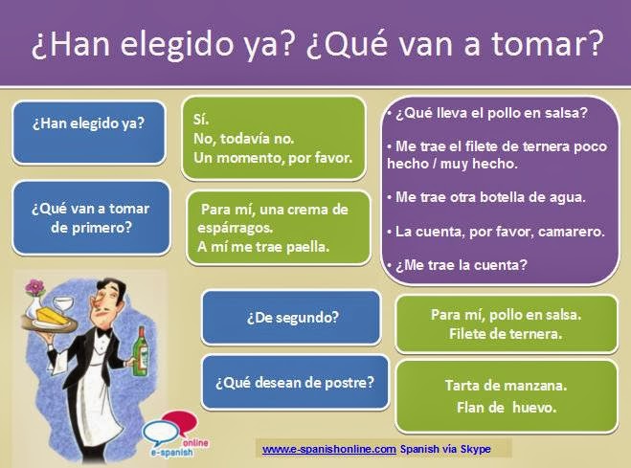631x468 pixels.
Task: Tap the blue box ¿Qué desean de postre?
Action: [296, 381]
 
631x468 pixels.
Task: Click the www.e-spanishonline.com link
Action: [328, 448]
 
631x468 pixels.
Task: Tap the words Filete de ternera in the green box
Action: [506, 335]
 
